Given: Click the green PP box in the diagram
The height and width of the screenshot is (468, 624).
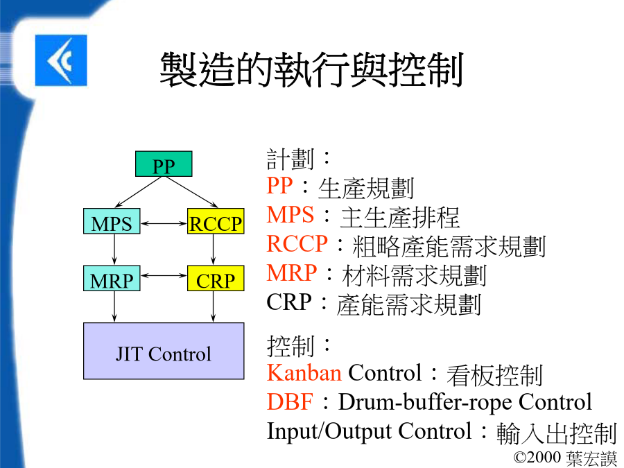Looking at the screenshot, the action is click(x=164, y=164).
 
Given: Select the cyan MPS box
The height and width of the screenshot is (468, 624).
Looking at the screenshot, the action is click(x=112, y=221).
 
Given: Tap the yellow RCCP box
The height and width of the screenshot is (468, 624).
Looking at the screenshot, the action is click(x=216, y=221).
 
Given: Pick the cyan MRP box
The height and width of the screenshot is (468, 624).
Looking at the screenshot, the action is click(x=112, y=278).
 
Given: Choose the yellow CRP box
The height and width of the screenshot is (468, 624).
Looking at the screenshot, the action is click(x=216, y=278).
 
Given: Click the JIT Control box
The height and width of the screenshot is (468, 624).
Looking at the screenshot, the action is click(x=164, y=351).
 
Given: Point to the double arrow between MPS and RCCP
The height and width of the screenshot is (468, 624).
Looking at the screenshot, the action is click(x=164, y=223).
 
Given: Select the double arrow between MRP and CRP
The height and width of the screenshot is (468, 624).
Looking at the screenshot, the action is click(x=164, y=275).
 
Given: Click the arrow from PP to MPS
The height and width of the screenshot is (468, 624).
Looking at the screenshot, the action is click(x=138, y=192).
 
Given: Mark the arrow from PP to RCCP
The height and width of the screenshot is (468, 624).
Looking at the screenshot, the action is click(x=192, y=192).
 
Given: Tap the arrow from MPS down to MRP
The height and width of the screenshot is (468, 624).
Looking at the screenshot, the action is click(x=114, y=250).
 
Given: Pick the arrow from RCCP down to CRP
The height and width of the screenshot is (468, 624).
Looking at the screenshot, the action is click(x=214, y=250).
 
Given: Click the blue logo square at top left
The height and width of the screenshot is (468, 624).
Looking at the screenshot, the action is click(x=61, y=60).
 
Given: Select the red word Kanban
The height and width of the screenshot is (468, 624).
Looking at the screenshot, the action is click(x=304, y=372).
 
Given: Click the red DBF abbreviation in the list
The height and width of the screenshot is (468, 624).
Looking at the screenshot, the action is click(x=290, y=401).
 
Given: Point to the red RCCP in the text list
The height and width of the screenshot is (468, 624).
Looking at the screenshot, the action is click(x=297, y=243).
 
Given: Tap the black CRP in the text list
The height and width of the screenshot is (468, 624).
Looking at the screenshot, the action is click(x=289, y=302).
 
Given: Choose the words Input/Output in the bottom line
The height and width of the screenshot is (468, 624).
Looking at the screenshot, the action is click(x=329, y=431).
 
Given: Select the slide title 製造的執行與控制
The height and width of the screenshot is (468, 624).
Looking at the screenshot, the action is click(x=311, y=69).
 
